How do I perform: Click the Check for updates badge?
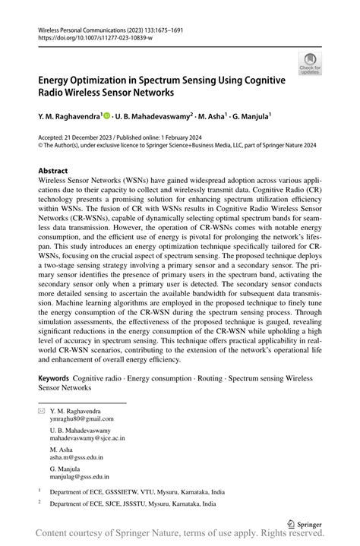pos(309,64)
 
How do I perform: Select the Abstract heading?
pos(53,171)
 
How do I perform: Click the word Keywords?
pos(53,377)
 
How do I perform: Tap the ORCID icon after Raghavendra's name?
pos(107,115)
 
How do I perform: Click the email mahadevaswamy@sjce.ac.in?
pos(87,438)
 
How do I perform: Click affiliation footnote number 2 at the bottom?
pos(39,503)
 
